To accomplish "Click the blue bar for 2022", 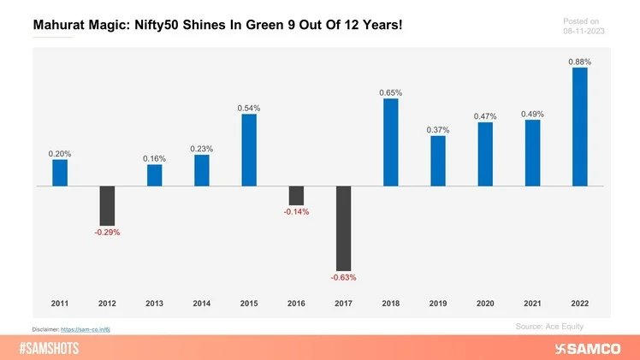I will [579, 127].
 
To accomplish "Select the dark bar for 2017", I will [343, 227].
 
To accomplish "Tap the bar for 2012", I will [107, 205].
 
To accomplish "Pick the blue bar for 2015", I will [249, 150].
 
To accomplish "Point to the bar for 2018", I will [390, 142].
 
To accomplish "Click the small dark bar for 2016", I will [296, 195].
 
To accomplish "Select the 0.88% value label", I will [579, 62].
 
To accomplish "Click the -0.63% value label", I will [343, 277].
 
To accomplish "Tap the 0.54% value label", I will [249, 109].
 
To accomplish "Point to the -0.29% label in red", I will [107, 232].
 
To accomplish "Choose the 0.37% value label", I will [438, 129].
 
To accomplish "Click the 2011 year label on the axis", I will [59, 304].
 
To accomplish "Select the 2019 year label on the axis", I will [438, 304].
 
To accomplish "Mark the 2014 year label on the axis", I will [201, 304].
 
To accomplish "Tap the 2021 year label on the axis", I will [532, 304].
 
